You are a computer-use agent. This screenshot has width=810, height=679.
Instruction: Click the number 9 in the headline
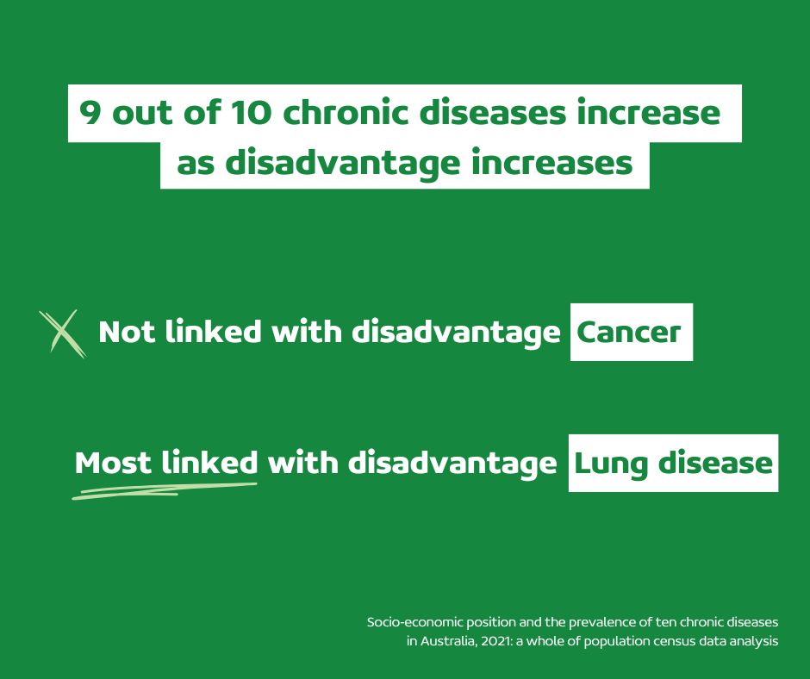pos(90,113)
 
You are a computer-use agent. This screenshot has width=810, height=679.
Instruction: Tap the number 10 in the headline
pos(251,113)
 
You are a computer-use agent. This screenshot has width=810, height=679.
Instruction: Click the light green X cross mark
pos(63,333)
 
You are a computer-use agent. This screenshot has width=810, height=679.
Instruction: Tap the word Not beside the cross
pos(127,331)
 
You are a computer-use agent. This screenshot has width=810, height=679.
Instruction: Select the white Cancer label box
pos(632,332)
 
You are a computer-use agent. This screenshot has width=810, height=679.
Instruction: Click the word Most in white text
pos(113,463)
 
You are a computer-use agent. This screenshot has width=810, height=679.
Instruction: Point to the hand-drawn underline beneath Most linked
pos(165,491)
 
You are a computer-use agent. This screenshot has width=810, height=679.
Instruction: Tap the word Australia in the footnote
pos(448,641)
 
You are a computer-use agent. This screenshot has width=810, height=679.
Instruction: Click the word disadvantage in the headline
pos(342,164)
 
